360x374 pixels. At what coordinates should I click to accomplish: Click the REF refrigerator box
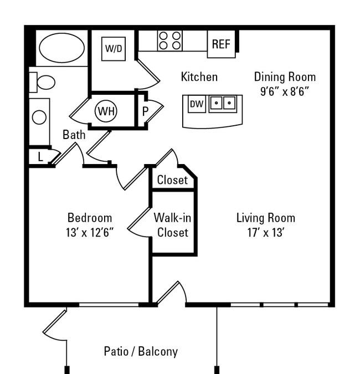[x=221, y=44]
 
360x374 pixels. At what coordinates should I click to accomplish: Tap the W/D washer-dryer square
[x=114, y=49]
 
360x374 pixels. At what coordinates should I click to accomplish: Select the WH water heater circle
[x=106, y=111]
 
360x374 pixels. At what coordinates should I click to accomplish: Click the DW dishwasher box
[x=197, y=104]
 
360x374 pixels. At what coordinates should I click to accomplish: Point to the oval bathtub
[x=61, y=48]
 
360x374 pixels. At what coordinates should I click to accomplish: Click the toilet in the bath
[x=42, y=83]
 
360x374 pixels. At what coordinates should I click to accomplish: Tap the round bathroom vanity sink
[x=39, y=117]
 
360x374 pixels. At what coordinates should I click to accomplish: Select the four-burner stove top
[x=169, y=40]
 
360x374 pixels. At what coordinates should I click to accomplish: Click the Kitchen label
[x=199, y=77]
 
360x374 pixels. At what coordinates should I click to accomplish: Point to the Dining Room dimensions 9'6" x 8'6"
[x=285, y=91]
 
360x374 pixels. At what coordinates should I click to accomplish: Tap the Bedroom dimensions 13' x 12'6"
[x=90, y=232]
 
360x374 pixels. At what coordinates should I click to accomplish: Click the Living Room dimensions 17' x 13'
[x=265, y=232]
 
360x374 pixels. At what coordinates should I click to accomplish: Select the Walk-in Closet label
[x=172, y=225]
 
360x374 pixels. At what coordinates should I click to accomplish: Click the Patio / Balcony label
[x=141, y=352]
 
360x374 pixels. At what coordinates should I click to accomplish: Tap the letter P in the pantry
[x=145, y=111]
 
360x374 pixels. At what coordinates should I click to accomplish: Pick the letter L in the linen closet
[x=40, y=157]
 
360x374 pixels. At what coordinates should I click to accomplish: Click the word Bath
[x=74, y=135]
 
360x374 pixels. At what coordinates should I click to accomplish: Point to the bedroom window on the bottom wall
[x=109, y=305]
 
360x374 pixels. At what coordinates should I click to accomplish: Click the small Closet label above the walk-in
[x=172, y=180]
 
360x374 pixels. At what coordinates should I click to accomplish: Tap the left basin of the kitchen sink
[x=217, y=103]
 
